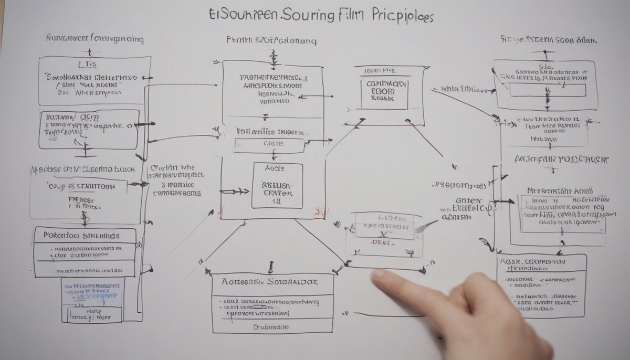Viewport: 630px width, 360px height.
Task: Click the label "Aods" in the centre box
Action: [275, 168]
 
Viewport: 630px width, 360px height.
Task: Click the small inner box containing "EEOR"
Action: [384, 93]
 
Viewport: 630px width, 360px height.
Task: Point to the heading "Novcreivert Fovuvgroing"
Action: [95, 39]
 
